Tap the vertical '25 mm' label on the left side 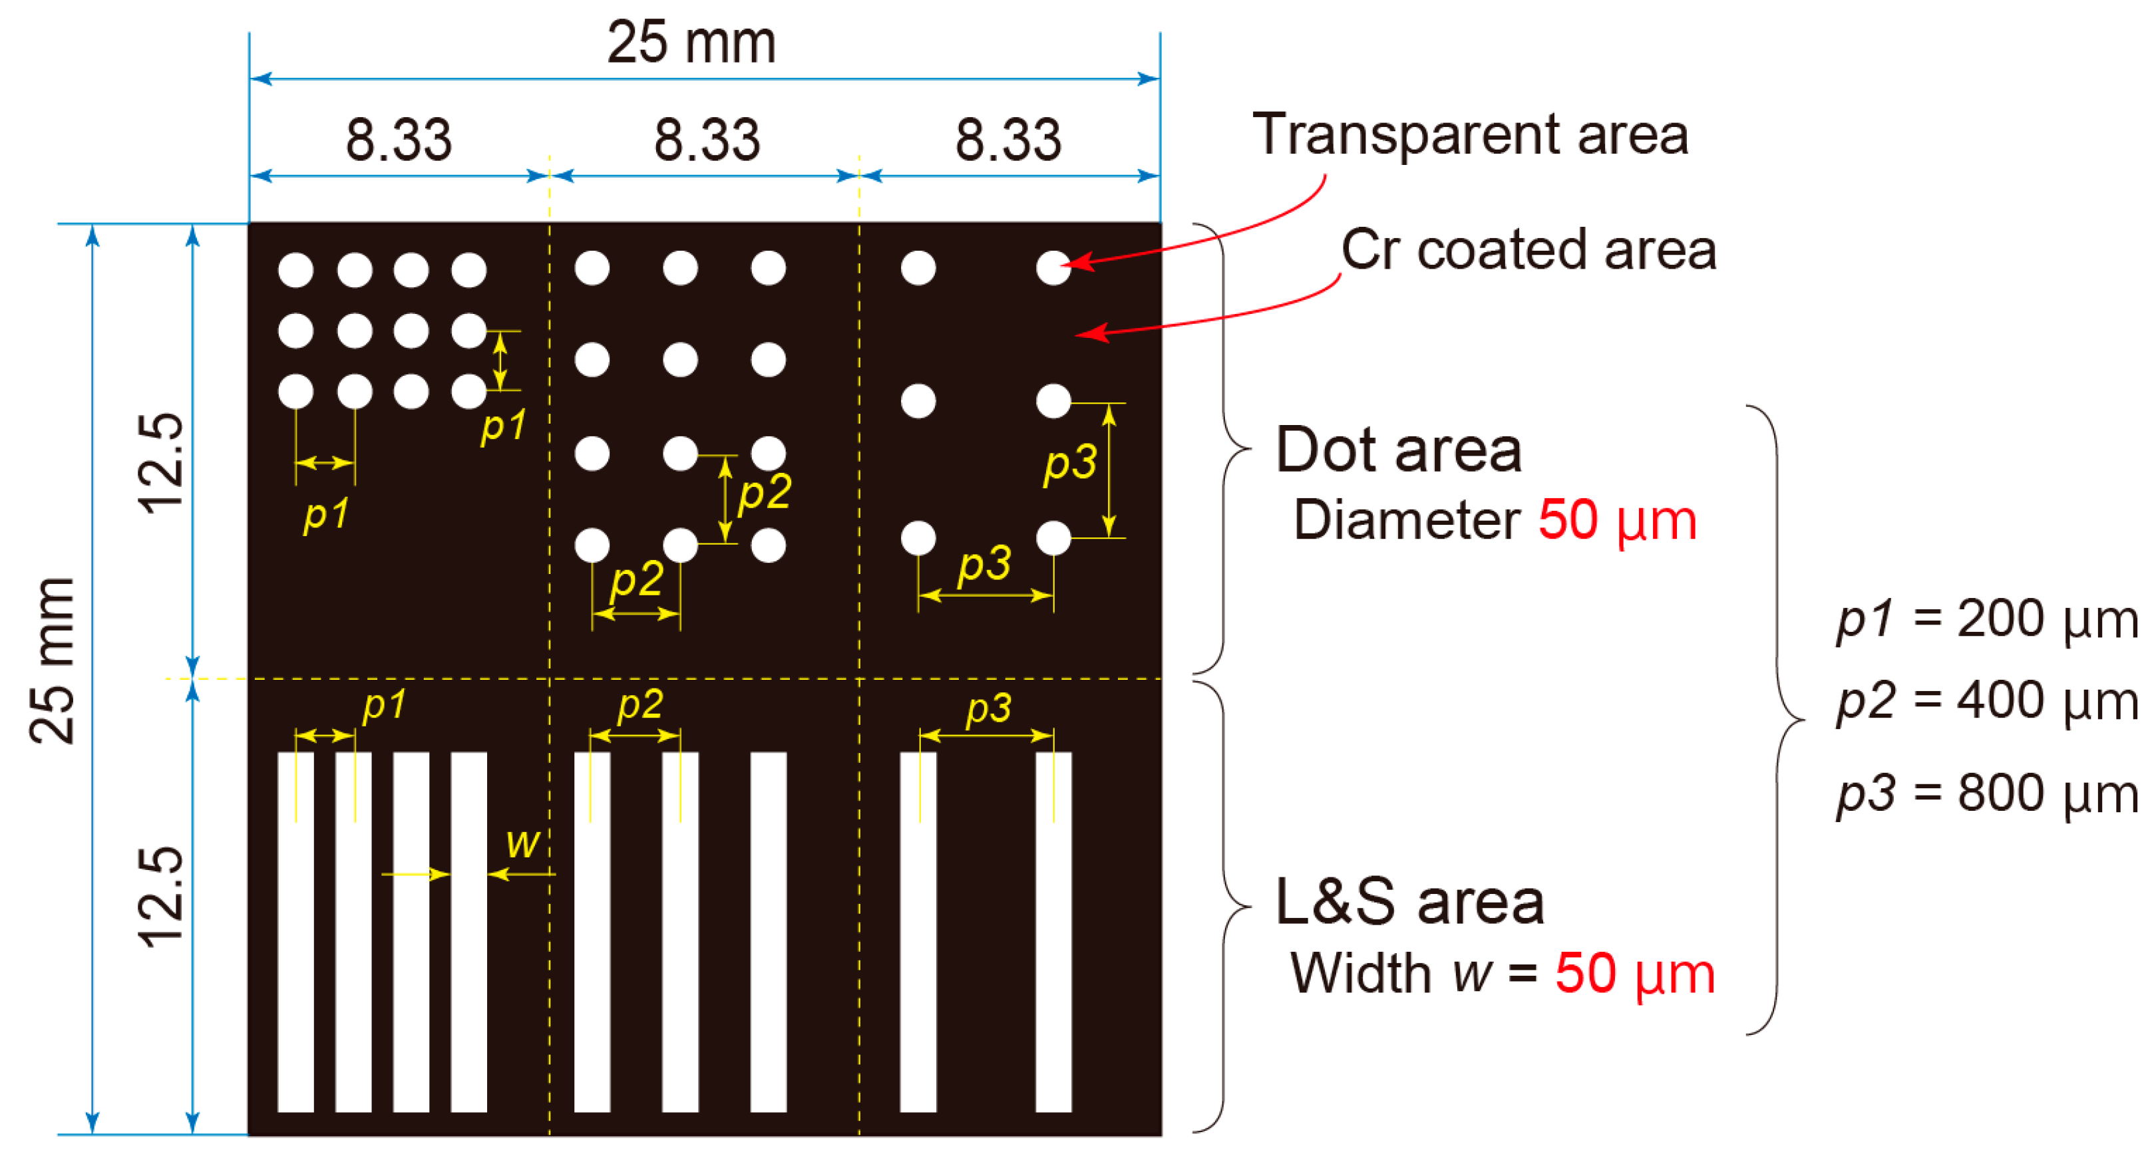coord(52,660)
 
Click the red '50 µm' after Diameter coord(1617,520)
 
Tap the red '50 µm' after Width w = coord(1635,973)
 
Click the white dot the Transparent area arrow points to coord(1053,267)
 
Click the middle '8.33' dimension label coord(707,140)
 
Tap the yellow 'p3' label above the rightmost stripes coord(988,709)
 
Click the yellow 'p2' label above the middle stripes coord(639,705)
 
